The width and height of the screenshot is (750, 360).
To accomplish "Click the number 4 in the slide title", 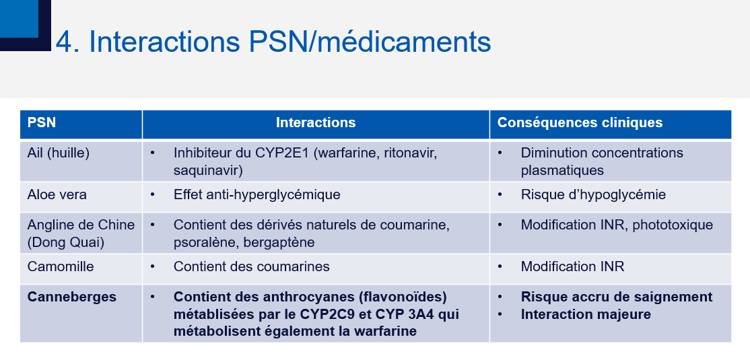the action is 64,42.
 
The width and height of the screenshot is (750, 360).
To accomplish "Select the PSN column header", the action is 42,122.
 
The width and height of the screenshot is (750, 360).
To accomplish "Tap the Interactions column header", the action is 316,122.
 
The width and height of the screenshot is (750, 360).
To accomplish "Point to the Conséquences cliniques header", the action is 580,122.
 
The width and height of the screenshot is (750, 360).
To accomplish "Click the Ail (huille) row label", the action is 59,153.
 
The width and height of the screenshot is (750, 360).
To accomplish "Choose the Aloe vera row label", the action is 57,195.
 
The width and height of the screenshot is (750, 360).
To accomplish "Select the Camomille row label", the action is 61,266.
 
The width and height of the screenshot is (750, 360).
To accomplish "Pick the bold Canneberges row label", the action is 72,297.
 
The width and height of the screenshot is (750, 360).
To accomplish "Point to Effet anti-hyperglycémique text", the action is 257,195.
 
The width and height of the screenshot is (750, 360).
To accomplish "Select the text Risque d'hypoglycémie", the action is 593,195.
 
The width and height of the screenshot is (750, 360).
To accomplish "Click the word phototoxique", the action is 673,225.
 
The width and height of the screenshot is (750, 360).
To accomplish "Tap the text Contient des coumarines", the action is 252,266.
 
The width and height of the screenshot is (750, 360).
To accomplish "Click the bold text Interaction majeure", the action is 586,314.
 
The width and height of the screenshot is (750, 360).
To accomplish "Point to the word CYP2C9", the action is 328,314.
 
